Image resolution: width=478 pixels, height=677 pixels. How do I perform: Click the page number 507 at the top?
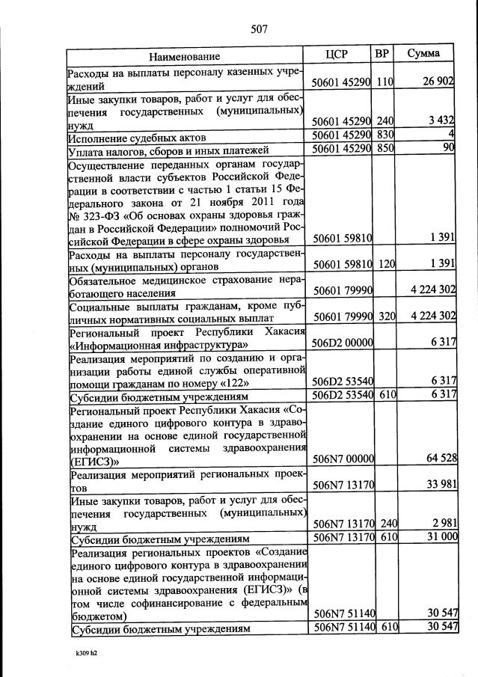click(259, 29)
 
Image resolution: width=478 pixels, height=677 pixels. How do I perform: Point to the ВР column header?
click(382, 54)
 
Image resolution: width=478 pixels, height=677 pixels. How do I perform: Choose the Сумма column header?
click(423, 54)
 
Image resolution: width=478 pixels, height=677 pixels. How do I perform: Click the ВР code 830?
click(385, 135)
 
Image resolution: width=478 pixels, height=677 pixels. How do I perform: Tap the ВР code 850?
click(385, 150)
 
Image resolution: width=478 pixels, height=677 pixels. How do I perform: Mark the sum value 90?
click(449, 149)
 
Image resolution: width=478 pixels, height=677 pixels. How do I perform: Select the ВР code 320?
click(385, 316)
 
